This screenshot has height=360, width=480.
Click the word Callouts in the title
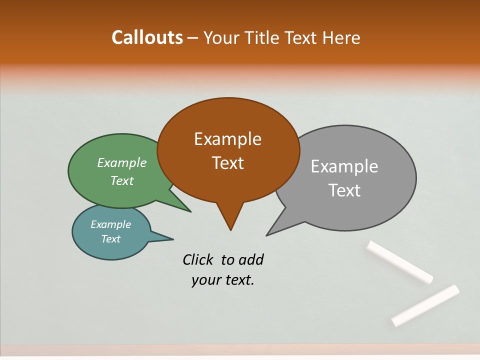point(147,37)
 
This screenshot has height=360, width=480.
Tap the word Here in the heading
point(341,38)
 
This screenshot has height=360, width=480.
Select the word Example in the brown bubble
point(227,139)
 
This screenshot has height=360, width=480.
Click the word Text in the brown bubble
point(227,163)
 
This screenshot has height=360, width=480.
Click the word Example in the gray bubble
point(344,166)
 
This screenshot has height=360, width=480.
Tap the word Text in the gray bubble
point(344,190)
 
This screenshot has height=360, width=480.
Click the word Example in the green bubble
point(122,163)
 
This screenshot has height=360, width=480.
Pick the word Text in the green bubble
point(122,181)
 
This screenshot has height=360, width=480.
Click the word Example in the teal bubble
point(110,224)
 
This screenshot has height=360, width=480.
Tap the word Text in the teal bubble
point(110,239)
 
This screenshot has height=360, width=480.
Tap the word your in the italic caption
point(205,280)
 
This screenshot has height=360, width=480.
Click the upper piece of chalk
point(399,262)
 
